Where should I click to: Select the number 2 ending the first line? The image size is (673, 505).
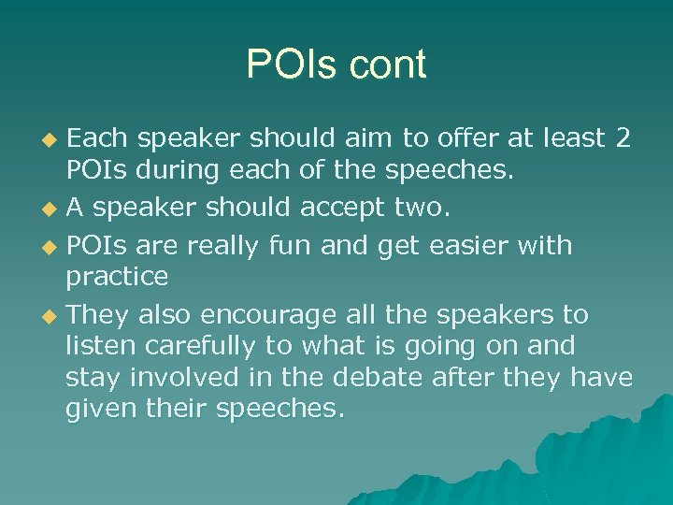click(x=623, y=138)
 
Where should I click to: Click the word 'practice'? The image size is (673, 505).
click(x=117, y=277)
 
